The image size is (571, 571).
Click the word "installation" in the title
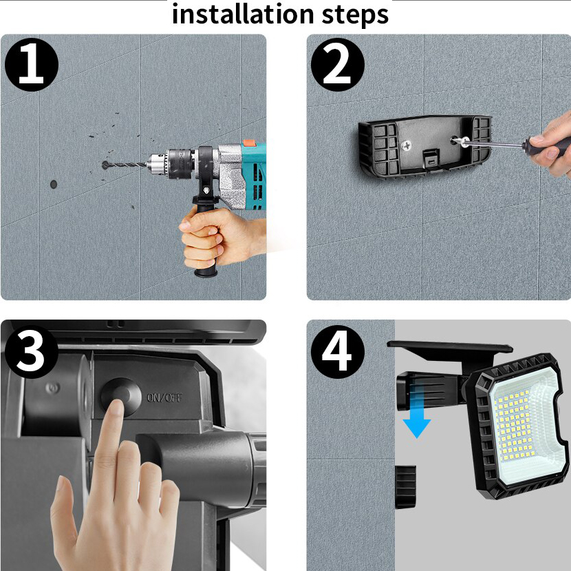[243, 14]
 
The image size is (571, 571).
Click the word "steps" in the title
[355, 16]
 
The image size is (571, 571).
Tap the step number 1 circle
[32, 65]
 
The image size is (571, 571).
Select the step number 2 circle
[338, 65]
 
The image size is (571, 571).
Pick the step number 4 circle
[338, 352]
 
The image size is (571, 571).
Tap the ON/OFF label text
[164, 397]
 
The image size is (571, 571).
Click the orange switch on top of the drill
[250, 143]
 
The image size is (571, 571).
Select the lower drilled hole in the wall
[54, 184]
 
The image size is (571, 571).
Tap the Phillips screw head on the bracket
[407, 146]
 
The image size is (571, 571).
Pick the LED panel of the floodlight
[520, 425]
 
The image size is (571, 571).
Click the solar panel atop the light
[450, 349]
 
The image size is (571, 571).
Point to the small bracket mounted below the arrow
[405, 487]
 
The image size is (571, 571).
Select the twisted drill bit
[126, 166]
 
